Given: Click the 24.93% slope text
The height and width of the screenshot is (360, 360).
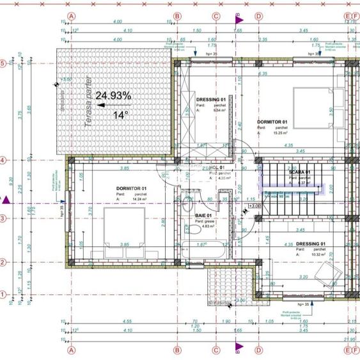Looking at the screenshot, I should point(113,96).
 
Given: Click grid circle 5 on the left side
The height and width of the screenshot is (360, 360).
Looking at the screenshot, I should point(4,63).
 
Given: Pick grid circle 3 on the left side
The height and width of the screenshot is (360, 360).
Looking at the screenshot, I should point(4,219).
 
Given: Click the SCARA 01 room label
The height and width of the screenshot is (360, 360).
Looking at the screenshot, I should point(299,172).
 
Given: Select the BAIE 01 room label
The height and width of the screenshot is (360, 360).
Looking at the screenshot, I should point(207,215).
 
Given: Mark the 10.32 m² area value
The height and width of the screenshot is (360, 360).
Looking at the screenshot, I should point(317,255).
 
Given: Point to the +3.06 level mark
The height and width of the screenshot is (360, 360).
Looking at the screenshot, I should point(254,207).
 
